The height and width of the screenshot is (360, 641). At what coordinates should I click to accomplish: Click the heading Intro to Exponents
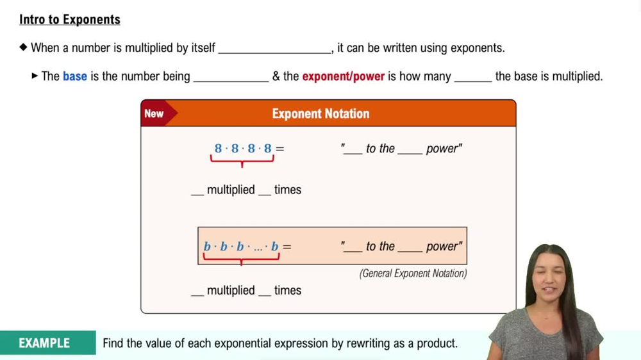coord(70,20)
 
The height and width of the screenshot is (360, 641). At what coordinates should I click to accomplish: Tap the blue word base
coord(75,76)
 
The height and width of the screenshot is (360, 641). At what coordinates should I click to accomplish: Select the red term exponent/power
coord(343,76)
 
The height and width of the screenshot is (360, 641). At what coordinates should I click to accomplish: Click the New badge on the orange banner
coord(154,113)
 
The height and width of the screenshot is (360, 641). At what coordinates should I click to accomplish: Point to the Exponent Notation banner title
coord(320,113)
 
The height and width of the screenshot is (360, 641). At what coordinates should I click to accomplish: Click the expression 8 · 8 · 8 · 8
coord(244,149)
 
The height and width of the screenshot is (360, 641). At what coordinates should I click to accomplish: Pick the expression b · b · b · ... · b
coord(241,247)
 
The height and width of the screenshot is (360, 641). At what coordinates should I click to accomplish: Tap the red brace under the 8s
coord(242,160)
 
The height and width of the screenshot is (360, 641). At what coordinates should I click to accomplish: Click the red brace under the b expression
coord(241,258)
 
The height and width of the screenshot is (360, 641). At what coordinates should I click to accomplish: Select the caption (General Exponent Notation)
coord(413,274)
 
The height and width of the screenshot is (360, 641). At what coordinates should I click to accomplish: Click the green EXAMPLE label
coord(44,343)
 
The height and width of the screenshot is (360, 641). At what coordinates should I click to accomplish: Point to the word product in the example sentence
coord(438,343)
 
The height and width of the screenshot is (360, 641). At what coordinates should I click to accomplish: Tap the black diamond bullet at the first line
coord(24,47)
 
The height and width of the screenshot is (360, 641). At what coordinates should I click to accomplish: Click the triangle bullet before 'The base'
coord(35,76)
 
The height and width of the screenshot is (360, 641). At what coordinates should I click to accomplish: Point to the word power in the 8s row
coord(444,149)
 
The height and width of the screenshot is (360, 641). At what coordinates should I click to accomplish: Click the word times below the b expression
coord(288,290)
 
